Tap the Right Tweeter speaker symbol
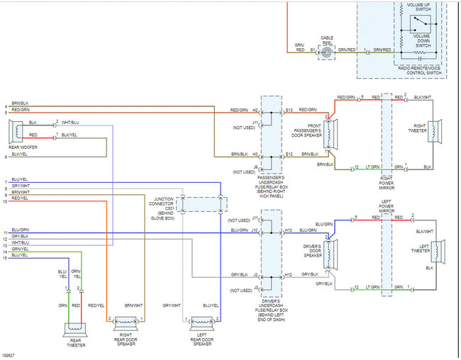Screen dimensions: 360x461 tap(437, 131)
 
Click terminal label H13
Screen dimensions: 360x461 tap(289, 230)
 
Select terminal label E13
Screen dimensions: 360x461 tap(289, 110)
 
